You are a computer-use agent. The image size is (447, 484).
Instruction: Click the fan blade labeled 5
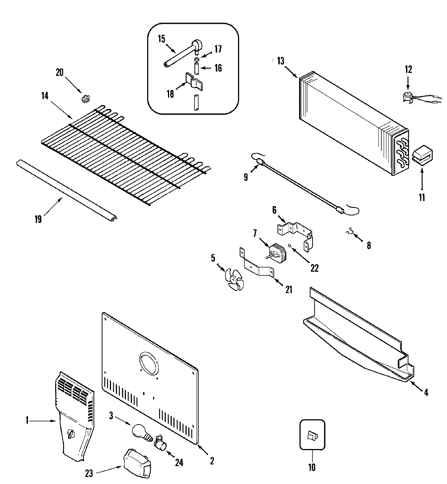click(233, 278)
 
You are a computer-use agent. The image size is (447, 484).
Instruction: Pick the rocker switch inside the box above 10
click(312, 435)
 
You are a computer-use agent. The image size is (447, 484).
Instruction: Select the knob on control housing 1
click(71, 434)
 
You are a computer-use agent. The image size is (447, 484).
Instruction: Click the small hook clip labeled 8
click(349, 233)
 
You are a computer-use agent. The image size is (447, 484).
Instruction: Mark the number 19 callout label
click(38, 219)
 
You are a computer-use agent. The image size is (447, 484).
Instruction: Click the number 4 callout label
click(426, 392)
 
